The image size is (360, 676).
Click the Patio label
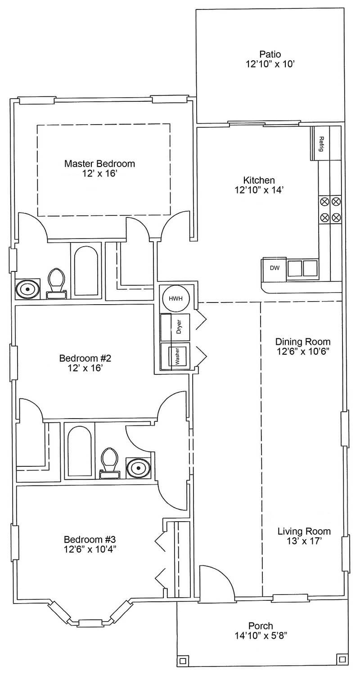click(x=270, y=54)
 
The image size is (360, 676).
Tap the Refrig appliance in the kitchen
click(x=320, y=144)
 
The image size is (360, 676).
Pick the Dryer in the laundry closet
click(x=175, y=327)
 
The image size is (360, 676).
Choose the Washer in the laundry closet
click(x=175, y=356)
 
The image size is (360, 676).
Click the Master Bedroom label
click(x=99, y=164)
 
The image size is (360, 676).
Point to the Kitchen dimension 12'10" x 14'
click(x=259, y=190)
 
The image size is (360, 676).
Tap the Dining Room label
click(x=303, y=342)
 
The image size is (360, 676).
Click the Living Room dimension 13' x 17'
click(x=304, y=541)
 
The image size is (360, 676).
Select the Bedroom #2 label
click(x=85, y=358)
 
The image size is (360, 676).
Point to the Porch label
click(x=261, y=626)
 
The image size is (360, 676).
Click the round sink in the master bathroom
click(x=27, y=289)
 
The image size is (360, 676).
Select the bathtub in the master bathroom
click(x=86, y=270)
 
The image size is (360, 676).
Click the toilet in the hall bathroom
click(x=110, y=463)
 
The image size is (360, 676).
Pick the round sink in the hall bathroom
click(x=138, y=468)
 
